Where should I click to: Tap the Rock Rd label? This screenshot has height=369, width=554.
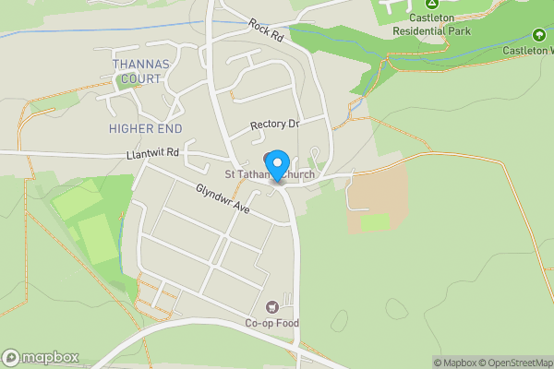(266, 30)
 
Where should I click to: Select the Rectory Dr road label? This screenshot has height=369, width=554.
(275, 125)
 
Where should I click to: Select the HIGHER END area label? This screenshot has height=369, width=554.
(145, 128)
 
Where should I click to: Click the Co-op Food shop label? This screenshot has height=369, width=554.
(272, 323)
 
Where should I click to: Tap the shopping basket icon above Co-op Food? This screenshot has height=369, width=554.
(272, 307)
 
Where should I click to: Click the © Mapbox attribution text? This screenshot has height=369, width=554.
(454, 363)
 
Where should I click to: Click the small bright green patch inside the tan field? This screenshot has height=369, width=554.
(375, 222)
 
